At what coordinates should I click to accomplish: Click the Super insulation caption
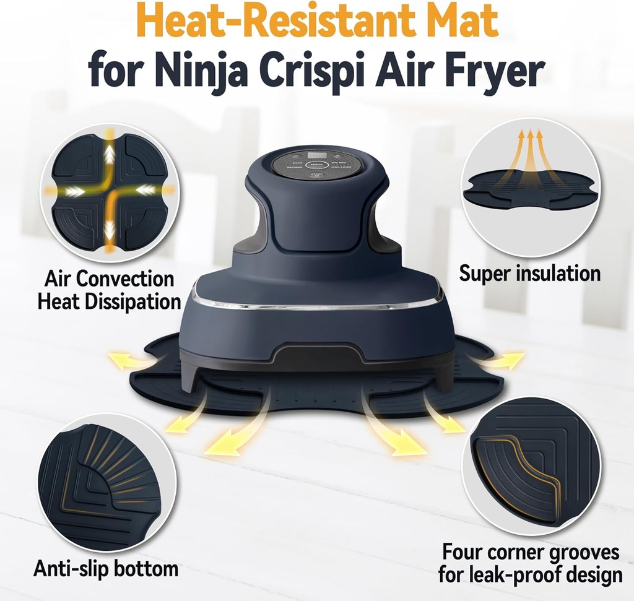pos(529,273)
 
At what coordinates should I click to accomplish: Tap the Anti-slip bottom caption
pos(106,568)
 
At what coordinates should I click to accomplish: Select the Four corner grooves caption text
pos(530,563)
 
